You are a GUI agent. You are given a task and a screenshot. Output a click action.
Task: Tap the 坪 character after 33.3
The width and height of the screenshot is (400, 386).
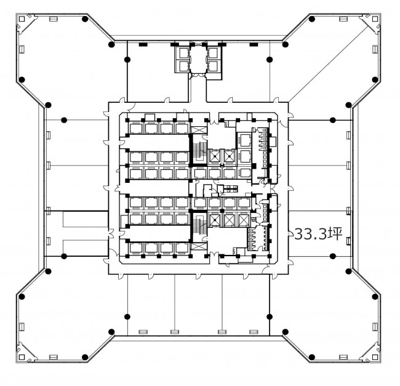pyautogui.click(x=335, y=234)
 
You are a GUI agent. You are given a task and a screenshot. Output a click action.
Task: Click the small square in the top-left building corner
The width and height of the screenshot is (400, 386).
pyautogui.click(x=22, y=19)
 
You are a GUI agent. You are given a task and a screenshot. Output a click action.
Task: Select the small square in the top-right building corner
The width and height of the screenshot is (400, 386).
pyautogui.click(x=375, y=19)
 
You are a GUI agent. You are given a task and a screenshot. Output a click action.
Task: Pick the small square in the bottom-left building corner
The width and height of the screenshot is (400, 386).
pyautogui.click(x=22, y=357)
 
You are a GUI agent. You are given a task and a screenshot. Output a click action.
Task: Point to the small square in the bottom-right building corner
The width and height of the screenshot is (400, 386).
pyautogui.click(x=375, y=357)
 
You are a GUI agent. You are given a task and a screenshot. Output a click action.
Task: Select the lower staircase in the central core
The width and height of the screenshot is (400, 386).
pyautogui.click(x=199, y=224)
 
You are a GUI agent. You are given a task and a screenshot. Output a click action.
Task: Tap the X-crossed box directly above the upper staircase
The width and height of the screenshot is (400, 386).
pyautogui.click(x=199, y=130)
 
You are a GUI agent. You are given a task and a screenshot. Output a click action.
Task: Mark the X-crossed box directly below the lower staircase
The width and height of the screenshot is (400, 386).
pyautogui.click(x=199, y=246)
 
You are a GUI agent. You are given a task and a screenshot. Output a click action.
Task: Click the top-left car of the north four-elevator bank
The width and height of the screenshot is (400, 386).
pyautogui.click(x=183, y=54)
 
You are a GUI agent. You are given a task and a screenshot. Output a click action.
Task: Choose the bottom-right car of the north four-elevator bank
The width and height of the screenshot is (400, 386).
pyautogui.click(x=212, y=66)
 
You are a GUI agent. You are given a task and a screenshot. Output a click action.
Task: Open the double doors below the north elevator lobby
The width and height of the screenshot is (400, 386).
pyautogui.click(x=198, y=75)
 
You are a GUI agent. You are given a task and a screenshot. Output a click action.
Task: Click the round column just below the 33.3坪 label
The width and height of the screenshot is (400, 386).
pyautogui.click(x=332, y=256)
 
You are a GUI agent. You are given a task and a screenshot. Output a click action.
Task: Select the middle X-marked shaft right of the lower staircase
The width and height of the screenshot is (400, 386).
pyautogui.click(x=229, y=219)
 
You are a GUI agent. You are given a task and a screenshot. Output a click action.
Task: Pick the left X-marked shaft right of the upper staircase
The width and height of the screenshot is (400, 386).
pyautogui.click(x=214, y=156)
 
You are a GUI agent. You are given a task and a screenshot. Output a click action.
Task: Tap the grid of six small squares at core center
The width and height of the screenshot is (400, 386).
pyautogui.click(x=231, y=189)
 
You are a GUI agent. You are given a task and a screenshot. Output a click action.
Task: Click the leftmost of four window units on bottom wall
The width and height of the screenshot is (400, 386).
pyautogui.click(x=143, y=332)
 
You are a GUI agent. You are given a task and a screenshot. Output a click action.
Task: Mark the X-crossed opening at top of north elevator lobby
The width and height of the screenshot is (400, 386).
pyautogui.click(x=198, y=44)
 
